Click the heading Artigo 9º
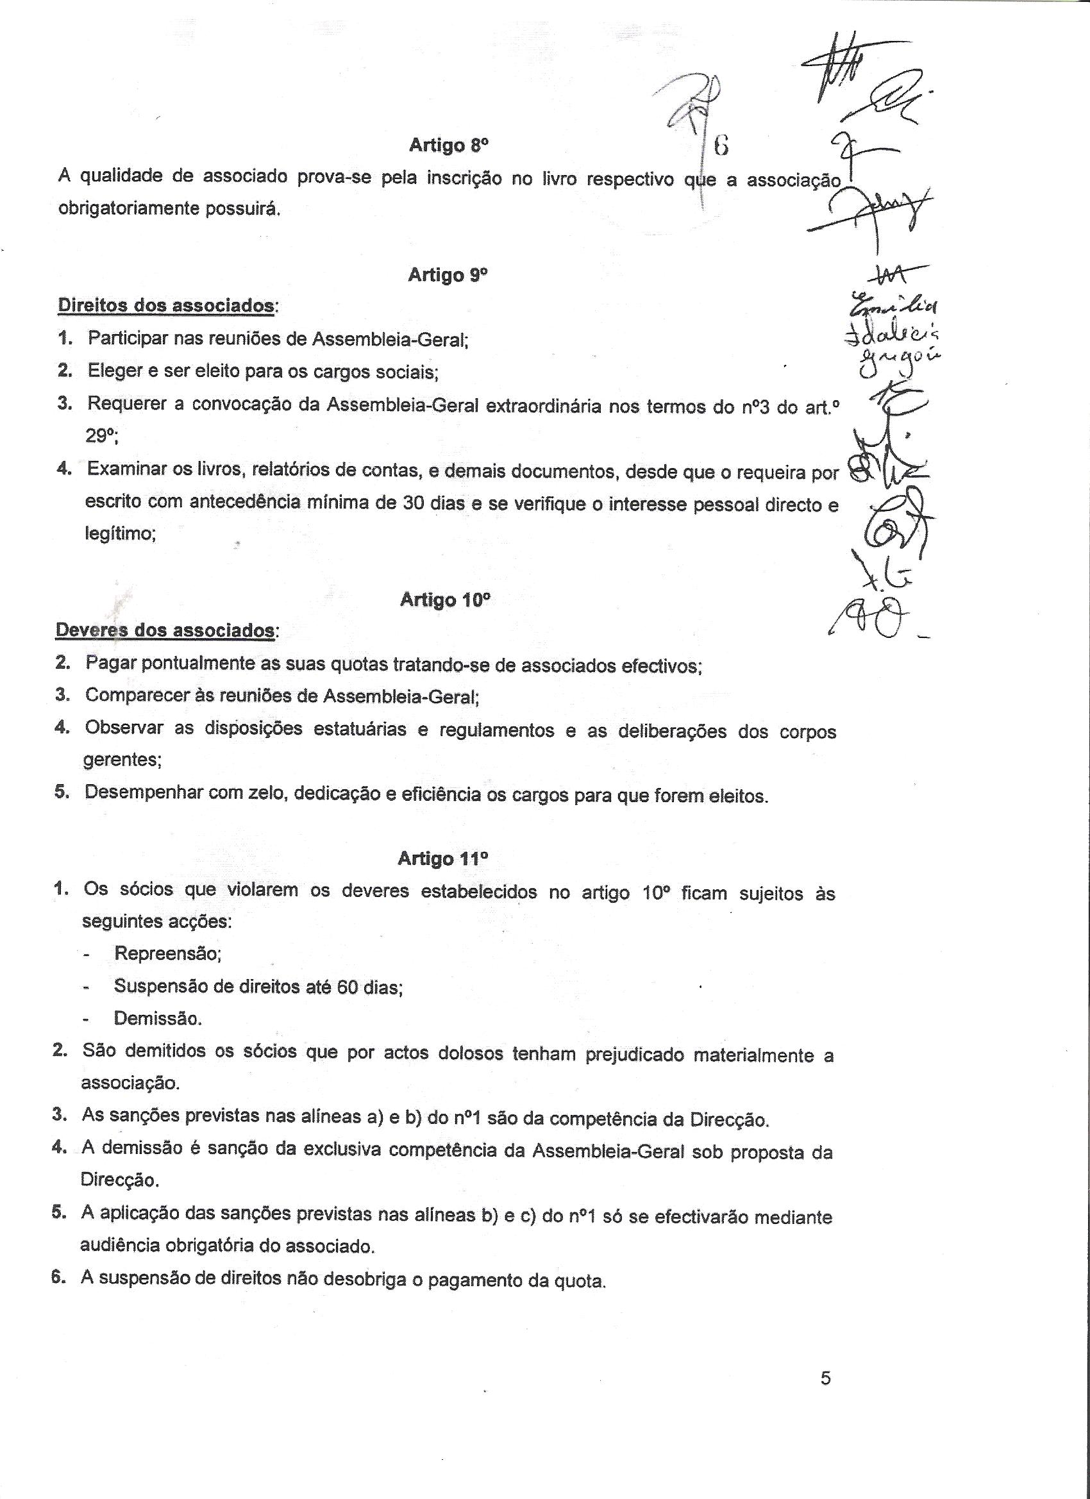coord(448,274)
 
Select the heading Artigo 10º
coord(445,600)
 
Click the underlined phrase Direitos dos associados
coord(166,306)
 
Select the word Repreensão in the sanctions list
coord(167,954)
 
